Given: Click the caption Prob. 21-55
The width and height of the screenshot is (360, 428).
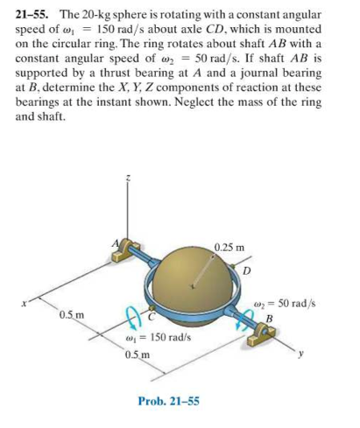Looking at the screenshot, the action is [168, 401].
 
